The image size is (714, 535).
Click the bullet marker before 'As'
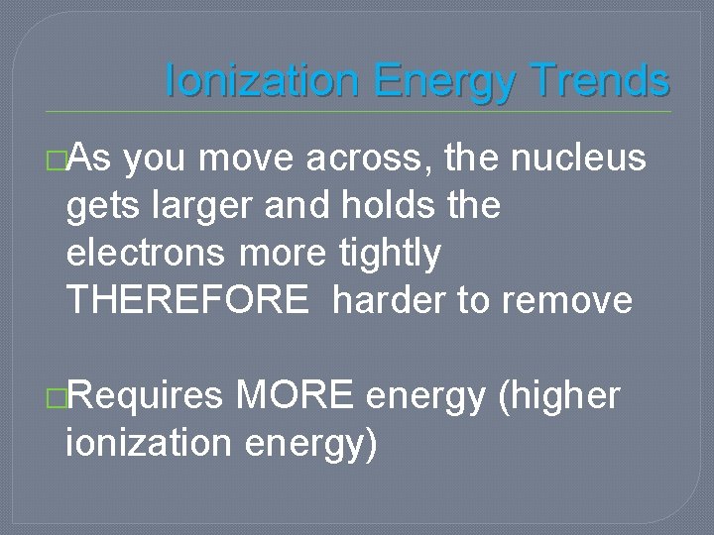tap(57, 159)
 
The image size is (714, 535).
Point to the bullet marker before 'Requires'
tap(57, 398)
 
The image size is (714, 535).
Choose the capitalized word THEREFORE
tap(187, 300)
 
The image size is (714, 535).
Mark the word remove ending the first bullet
tap(566, 300)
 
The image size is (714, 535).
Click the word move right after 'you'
tap(238, 157)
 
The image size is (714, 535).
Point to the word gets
tap(99, 206)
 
